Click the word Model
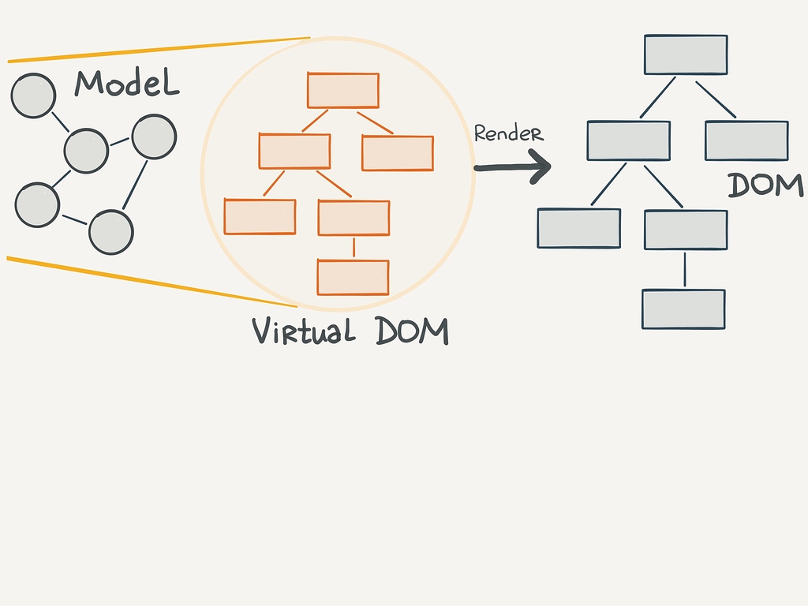pyautogui.click(x=126, y=83)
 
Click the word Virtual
pyautogui.click(x=303, y=331)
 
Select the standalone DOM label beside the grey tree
pyautogui.click(x=765, y=185)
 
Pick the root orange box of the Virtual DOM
pyautogui.click(x=342, y=90)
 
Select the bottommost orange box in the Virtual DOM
pyautogui.click(x=353, y=277)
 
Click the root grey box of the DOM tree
pyautogui.click(x=686, y=54)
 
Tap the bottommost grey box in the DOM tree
pyautogui.click(x=683, y=309)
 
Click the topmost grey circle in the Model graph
pyautogui.click(x=33, y=95)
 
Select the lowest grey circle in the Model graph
pyautogui.click(x=111, y=232)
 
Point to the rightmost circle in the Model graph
pyautogui.click(x=154, y=137)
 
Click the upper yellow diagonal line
pyautogui.click(x=158, y=49)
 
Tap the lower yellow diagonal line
pyautogui.click(x=150, y=282)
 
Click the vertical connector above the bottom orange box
pyautogui.click(x=353, y=247)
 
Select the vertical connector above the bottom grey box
pyautogui.click(x=684, y=269)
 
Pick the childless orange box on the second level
pyautogui.click(x=397, y=153)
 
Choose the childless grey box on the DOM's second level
pyautogui.click(x=746, y=140)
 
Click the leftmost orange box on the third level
pyautogui.click(x=260, y=217)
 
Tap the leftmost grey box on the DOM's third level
pyautogui.click(x=579, y=228)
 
